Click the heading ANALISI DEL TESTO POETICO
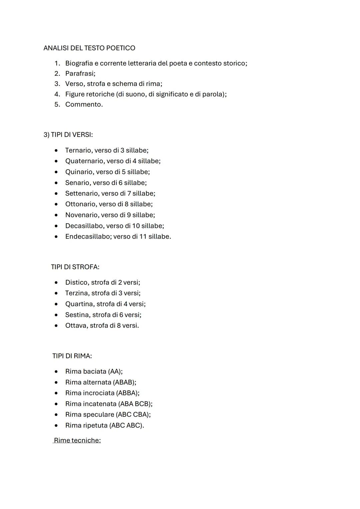click(x=89, y=48)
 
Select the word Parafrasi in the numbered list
click(x=80, y=73)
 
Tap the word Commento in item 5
click(x=83, y=104)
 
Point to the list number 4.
click(x=57, y=94)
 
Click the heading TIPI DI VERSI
click(x=68, y=135)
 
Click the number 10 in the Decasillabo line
click(x=136, y=226)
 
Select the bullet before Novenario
click(x=56, y=215)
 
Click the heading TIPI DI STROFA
click(x=75, y=267)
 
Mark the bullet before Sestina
click(x=56, y=315)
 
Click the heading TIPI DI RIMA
click(x=72, y=356)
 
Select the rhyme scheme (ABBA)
click(x=128, y=393)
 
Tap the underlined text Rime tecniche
click(x=77, y=440)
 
